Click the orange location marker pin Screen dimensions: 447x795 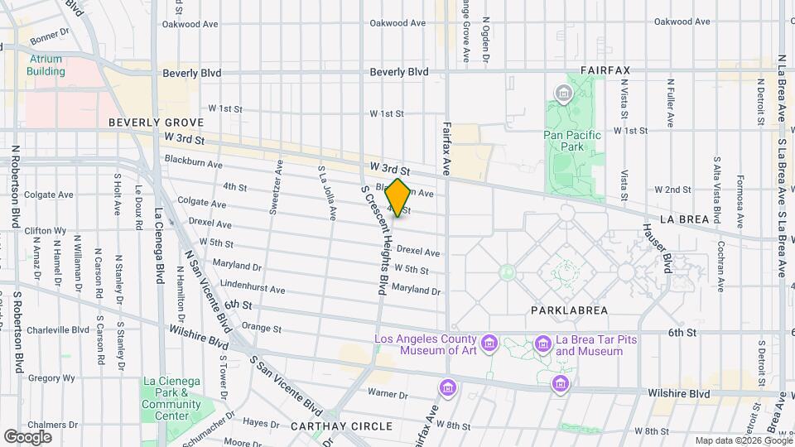pos(398,198)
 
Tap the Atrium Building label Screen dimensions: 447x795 pos(46,65)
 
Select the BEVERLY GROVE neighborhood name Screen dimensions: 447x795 pos(156,123)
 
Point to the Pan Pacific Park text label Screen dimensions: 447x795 pos(570,141)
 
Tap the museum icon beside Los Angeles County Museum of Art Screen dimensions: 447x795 pos(489,343)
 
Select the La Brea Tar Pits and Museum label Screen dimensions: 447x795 pos(589,346)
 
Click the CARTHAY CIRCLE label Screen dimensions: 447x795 pos(341,425)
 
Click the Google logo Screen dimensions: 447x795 pos(27,436)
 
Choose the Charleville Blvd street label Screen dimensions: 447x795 pos(57,329)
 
